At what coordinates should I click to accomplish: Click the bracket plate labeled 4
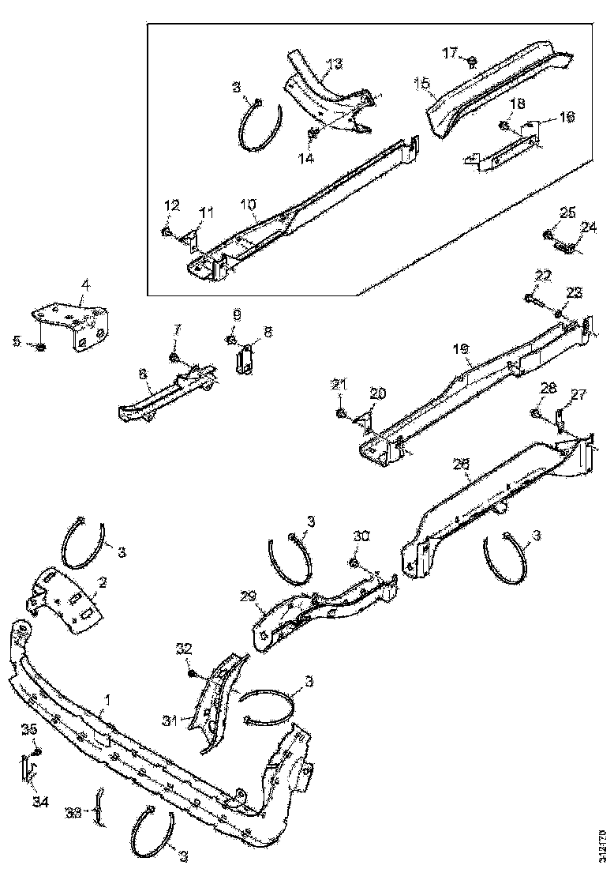coord(75,324)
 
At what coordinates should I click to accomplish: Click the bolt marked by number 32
coord(193,672)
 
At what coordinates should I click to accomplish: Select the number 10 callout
coord(249,205)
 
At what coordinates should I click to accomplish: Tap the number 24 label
coord(589,228)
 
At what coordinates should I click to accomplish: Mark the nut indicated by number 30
coord(353,562)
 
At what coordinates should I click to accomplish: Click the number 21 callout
coord(339,385)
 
